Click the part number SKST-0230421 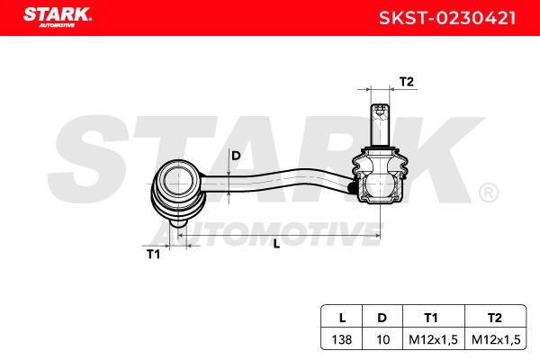pos(447,18)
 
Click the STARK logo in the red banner pos(58,17)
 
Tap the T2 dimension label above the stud pos(407,82)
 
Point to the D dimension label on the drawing pos(236,156)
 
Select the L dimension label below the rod pos(276,244)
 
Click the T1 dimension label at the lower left pos(153,254)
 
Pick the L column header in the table pos(342,318)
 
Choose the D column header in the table pos(382,318)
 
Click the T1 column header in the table pos(431,318)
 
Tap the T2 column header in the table pos(494,318)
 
